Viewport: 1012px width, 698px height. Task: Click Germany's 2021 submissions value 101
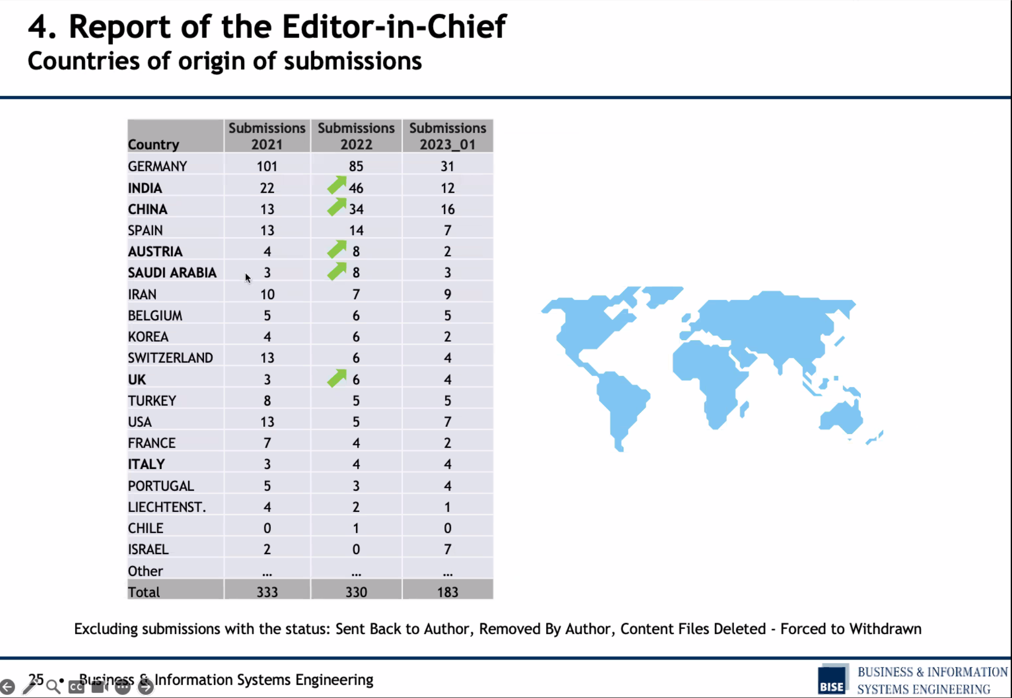coord(267,166)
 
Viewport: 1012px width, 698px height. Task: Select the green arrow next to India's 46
coord(337,185)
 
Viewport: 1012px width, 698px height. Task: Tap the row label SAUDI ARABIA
coord(172,273)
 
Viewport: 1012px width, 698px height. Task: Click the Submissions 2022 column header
coord(356,136)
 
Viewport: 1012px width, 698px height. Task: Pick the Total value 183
coord(447,592)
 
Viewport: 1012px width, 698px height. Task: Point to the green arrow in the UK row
coord(337,378)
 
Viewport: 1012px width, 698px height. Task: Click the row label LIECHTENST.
coord(167,507)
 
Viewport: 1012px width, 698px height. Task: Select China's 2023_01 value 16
coord(447,209)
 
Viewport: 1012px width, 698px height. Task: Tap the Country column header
coord(153,144)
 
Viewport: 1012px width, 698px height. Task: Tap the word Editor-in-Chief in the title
coord(394,26)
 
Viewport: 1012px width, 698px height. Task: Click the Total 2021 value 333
coord(267,592)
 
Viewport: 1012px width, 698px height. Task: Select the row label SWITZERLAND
coord(170,358)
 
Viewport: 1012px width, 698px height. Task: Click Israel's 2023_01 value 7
coord(447,549)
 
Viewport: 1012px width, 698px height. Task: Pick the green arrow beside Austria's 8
coord(337,249)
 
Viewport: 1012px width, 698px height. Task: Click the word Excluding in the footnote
coord(106,629)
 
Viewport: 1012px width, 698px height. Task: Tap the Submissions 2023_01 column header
coord(447,136)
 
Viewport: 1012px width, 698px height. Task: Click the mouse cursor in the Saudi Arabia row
coord(248,278)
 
